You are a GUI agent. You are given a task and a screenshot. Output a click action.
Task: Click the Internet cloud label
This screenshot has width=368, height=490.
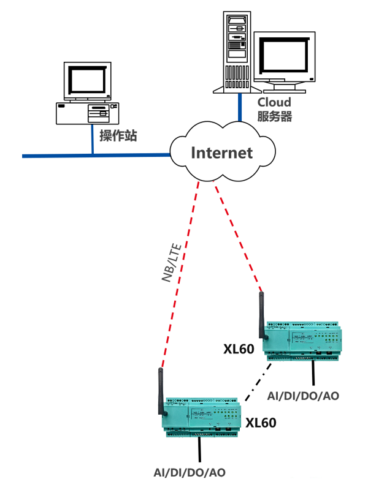click(x=222, y=153)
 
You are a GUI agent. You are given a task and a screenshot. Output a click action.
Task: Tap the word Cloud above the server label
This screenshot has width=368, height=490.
click(x=274, y=102)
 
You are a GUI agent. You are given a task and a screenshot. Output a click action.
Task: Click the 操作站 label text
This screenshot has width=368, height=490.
click(x=118, y=135)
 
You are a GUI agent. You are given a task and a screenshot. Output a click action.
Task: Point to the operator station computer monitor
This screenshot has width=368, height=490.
click(x=88, y=81)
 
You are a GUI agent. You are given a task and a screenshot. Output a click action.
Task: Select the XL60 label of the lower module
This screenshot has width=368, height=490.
click(x=261, y=423)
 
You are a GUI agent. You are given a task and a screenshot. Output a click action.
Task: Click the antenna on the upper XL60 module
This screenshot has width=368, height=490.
click(x=261, y=315)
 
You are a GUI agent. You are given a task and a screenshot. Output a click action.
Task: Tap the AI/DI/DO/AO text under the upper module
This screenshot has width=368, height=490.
click(x=303, y=396)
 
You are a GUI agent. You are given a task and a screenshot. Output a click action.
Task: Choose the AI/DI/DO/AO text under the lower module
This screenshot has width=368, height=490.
click(x=189, y=472)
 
